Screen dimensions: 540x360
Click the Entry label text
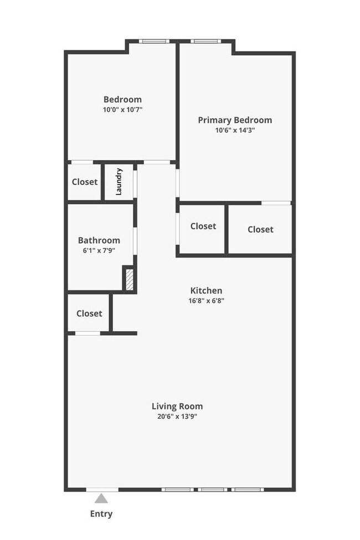[101, 514]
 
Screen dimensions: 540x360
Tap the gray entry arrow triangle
[101, 498]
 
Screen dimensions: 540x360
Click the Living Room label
[177, 406]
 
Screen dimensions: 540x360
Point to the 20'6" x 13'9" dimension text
[177, 416]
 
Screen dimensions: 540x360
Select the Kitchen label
[206, 290]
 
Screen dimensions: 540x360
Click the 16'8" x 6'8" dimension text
[206, 301]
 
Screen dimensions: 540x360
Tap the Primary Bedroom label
[235, 120]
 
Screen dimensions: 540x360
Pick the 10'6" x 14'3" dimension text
[235, 130]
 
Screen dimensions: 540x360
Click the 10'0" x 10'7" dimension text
[122, 110]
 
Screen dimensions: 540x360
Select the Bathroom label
[99, 240]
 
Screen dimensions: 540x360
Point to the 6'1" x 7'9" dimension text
[99, 250]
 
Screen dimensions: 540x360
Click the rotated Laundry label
[119, 182]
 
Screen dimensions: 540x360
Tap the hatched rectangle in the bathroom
[128, 279]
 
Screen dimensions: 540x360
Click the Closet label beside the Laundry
[85, 182]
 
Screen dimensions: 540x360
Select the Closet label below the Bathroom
[89, 313]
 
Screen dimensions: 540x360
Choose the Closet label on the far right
[260, 229]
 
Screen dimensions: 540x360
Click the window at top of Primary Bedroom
[205, 41]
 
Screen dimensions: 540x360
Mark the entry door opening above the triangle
[102, 489]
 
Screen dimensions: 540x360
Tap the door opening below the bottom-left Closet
[88, 333]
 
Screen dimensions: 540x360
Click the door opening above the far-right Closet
[276, 203]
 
